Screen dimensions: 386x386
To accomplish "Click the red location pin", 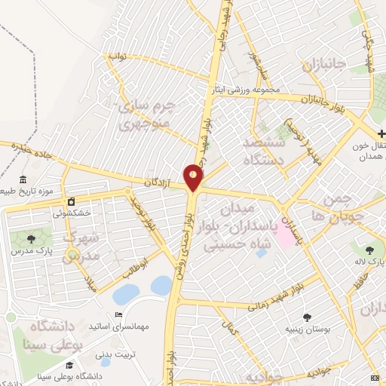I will pyautogui.click(x=194, y=177).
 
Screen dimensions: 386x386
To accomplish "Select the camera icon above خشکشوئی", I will pyautogui.click(x=71, y=202).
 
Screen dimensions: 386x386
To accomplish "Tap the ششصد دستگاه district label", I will pyautogui.click(x=264, y=151).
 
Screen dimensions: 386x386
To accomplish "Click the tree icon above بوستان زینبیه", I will pyautogui.click(x=306, y=317).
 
